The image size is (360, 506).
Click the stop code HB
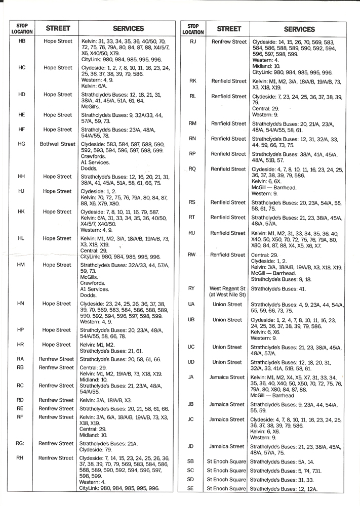(21, 40)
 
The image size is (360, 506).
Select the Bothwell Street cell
(58, 144)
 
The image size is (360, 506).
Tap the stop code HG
(21, 144)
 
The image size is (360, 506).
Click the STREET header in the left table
(58, 28)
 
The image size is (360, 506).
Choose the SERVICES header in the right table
(299, 29)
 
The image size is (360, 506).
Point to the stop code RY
(191, 288)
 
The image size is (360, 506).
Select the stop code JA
(191, 377)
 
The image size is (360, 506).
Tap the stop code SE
(191, 488)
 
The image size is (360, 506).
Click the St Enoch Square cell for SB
(226, 461)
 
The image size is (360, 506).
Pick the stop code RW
(192, 255)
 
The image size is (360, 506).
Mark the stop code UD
(191, 362)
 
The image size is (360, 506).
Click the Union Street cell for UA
(227, 305)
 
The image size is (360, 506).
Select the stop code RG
(21, 443)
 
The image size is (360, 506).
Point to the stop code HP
(21, 330)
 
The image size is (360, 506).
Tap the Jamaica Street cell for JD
(227, 446)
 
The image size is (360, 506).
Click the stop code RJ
(192, 41)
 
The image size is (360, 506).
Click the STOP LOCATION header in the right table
(192, 29)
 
